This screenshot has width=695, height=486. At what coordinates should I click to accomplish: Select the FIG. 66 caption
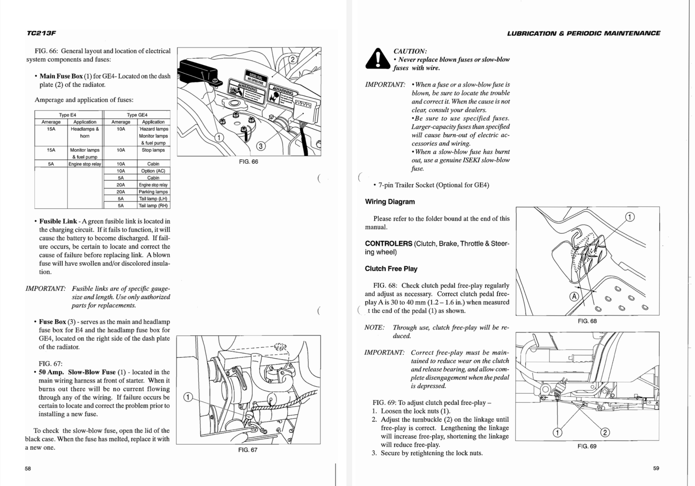pyautogui.click(x=248, y=162)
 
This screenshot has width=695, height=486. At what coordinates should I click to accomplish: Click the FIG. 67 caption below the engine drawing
pyautogui.click(x=248, y=450)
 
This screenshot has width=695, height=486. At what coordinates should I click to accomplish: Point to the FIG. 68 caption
pyautogui.click(x=587, y=321)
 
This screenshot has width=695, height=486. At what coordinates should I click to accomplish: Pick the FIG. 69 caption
pyautogui.click(x=587, y=446)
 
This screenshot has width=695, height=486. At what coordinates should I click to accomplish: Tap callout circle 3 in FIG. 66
pyautogui.click(x=261, y=146)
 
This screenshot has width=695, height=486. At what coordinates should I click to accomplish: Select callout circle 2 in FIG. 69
pyautogui.click(x=605, y=432)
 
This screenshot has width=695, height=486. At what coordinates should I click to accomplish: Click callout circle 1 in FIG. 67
pyautogui.click(x=188, y=397)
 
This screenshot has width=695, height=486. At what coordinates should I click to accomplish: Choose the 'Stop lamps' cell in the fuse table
pyautogui.click(x=153, y=150)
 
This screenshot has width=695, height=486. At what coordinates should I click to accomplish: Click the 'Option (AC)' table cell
pyautogui.click(x=153, y=171)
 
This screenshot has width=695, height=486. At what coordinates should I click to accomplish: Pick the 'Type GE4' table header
pyautogui.click(x=137, y=115)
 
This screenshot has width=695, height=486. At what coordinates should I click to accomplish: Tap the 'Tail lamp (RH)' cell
pyautogui.click(x=153, y=206)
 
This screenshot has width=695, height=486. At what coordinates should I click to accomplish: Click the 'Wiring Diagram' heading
pyautogui.click(x=390, y=202)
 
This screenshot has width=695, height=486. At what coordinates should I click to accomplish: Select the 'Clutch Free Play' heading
pyautogui.click(x=391, y=269)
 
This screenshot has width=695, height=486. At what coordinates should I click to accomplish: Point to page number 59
pyautogui.click(x=656, y=468)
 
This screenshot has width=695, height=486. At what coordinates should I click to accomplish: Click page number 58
pyautogui.click(x=28, y=468)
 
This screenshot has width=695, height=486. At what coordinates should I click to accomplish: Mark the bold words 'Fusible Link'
pyautogui.click(x=58, y=221)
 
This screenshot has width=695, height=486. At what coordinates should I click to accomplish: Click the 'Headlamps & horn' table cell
pyautogui.click(x=85, y=133)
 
